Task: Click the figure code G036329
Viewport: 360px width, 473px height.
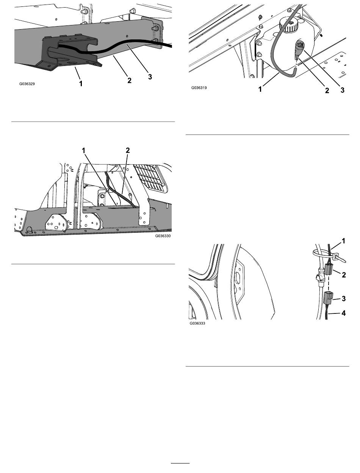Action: [x=27, y=84]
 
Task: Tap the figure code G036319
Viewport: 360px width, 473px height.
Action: [x=199, y=88]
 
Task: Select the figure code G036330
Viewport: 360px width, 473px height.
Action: [x=163, y=236]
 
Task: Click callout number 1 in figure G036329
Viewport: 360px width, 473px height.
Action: [x=81, y=84]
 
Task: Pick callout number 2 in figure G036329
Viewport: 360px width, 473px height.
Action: [x=129, y=80]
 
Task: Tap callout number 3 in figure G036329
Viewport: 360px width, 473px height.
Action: [x=150, y=77]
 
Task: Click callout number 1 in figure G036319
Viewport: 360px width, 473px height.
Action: [x=260, y=89]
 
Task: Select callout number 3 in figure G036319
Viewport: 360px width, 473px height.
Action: [x=342, y=90]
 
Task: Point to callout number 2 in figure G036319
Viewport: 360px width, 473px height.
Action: [x=327, y=91]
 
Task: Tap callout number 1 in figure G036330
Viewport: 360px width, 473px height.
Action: [x=84, y=150]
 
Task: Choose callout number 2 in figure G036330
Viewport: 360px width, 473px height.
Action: [x=128, y=150]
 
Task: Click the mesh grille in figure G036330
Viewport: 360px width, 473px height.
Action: [x=150, y=179]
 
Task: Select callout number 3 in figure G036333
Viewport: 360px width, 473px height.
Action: [x=344, y=298]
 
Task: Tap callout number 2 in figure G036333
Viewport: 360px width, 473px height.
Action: [x=344, y=275]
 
